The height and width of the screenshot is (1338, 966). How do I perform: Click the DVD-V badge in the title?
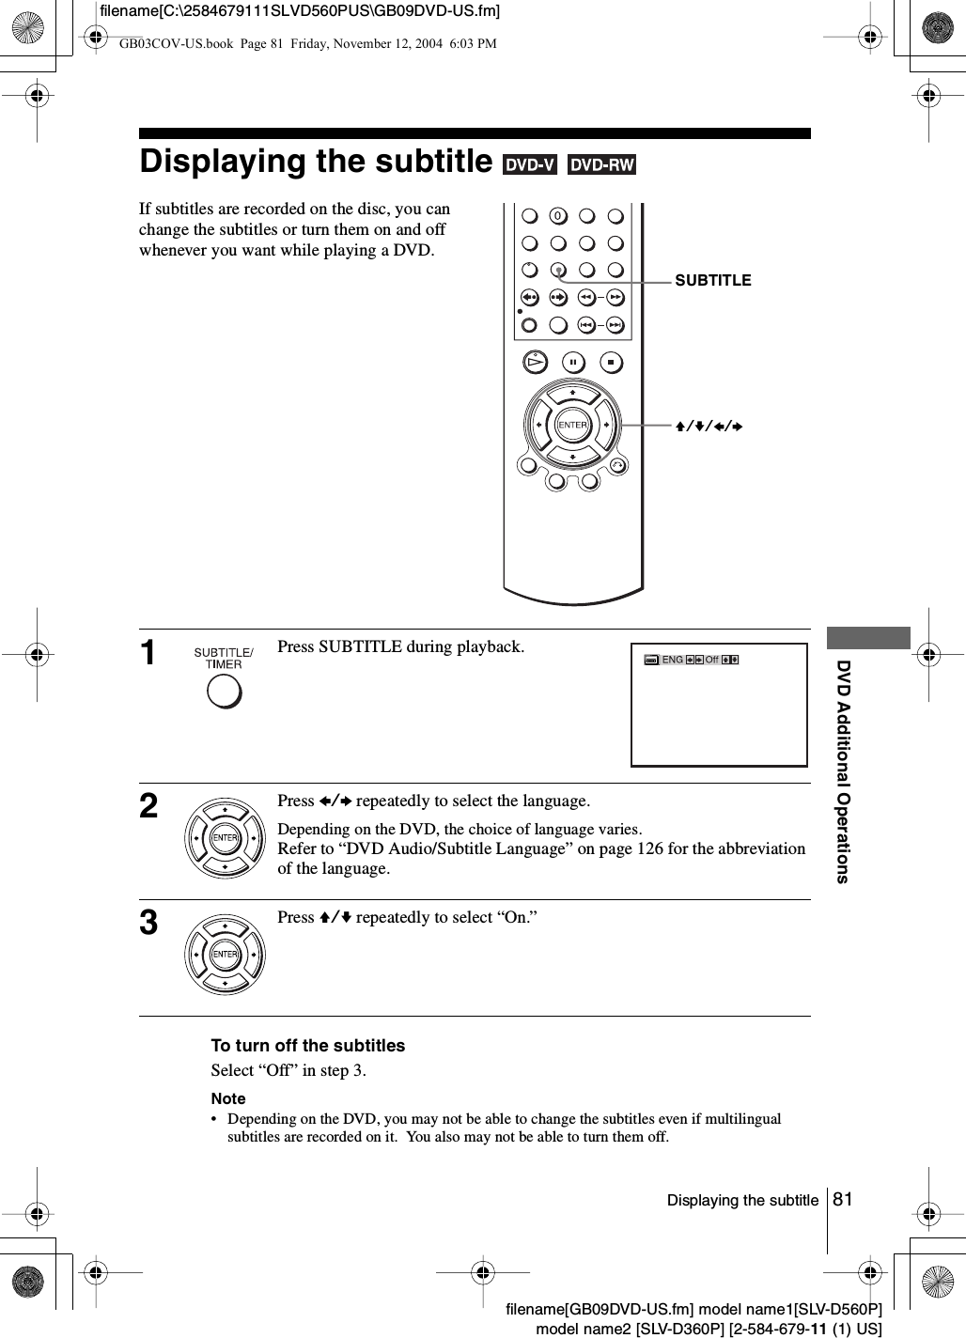click(x=530, y=165)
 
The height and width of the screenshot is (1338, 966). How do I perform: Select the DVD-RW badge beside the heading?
click(x=601, y=165)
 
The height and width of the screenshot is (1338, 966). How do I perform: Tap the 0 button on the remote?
click(x=558, y=217)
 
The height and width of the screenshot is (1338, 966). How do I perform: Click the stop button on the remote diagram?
click(x=611, y=363)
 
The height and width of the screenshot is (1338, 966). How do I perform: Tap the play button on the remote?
click(x=535, y=363)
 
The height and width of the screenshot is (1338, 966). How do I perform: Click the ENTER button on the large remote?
click(x=572, y=425)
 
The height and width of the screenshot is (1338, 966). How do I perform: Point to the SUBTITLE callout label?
click(x=713, y=280)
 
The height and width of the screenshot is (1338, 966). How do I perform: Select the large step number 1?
click(x=149, y=653)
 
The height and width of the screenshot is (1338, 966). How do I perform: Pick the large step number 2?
click(x=149, y=806)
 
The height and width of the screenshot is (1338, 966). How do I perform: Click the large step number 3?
click(x=149, y=923)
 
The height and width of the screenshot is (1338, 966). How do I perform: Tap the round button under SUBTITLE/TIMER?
click(x=224, y=691)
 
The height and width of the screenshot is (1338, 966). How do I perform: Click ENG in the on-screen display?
click(x=672, y=660)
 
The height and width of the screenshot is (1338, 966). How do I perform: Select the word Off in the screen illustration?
click(x=711, y=660)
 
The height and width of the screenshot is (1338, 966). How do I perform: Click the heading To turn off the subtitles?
click(x=308, y=1046)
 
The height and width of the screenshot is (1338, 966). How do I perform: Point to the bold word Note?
click(x=228, y=1098)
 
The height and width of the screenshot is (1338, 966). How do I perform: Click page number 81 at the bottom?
click(x=843, y=1199)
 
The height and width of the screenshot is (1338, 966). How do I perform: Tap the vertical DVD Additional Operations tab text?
click(x=843, y=771)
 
